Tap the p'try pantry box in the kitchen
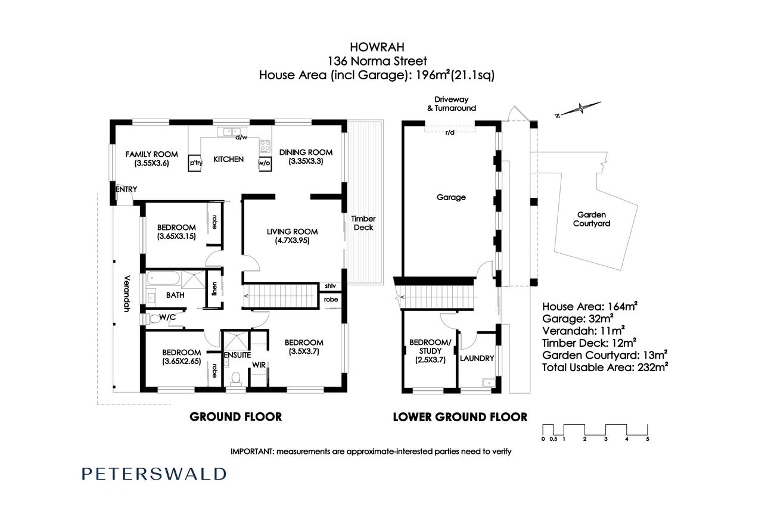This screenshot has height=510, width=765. tap(195, 163)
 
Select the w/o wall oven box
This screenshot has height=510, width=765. tap(265, 163)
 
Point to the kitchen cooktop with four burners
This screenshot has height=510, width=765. tap(265, 146)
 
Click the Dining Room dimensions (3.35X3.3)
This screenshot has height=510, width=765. tap(306, 161)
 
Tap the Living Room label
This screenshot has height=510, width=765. tap(293, 232)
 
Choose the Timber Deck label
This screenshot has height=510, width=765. tap(363, 223)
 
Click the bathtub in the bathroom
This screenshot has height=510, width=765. tap(163, 278)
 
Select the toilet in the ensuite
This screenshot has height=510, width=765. tap(235, 378)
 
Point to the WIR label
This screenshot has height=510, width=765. tap(259, 365)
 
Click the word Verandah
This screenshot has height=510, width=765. tap(127, 294)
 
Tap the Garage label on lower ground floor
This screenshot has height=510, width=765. tap(451, 197)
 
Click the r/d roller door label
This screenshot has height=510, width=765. tap(450, 132)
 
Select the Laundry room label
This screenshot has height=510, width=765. tap(477, 358)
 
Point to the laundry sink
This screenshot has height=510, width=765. tap(489, 382)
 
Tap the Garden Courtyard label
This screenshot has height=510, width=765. tap(592, 219)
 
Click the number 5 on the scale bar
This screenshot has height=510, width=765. tap(648, 439)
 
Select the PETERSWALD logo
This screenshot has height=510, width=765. tap(154, 474)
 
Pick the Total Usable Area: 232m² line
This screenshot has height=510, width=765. tap(605, 368)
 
